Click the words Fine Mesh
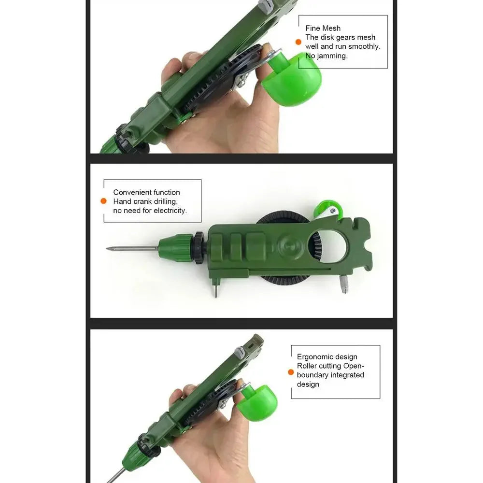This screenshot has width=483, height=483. click(x=323, y=28)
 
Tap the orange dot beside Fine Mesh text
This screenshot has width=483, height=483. click(x=298, y=42)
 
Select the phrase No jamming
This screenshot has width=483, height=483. click(x=327, y=56)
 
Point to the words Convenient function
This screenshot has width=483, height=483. click(x=146, y=192)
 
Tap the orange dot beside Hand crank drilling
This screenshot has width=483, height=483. click(x=103, y=201)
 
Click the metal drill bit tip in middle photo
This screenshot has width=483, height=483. click(x=110, y=249)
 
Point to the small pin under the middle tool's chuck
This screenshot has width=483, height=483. click(x=216, y=290)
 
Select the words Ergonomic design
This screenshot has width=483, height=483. click(x=327, y=357)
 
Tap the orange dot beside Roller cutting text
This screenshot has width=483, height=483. click(x=291, y=372)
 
